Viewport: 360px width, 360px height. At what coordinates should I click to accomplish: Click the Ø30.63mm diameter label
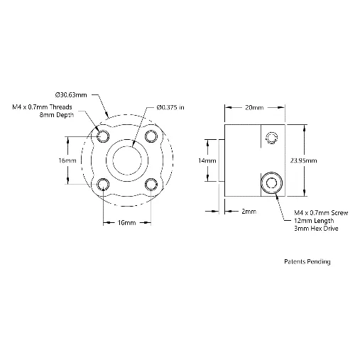[71, 95]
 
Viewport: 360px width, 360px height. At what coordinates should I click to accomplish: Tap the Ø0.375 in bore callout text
[170, 107]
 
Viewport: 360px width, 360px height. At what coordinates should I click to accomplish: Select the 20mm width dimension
[254, 108]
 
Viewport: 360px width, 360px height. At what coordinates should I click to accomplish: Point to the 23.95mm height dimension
[303, 160]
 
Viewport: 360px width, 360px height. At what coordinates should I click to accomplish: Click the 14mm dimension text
[207, 160]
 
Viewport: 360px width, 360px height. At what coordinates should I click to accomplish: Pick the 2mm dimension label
[249, 212]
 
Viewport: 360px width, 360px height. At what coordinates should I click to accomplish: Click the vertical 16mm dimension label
[67, 160]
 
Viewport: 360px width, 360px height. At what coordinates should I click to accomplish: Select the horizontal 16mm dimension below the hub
[126, 223]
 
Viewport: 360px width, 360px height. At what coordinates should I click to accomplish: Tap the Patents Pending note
[307, 261]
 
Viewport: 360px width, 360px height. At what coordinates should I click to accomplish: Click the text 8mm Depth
[57, 115]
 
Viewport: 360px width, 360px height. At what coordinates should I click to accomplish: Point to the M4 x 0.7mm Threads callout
[42, 107]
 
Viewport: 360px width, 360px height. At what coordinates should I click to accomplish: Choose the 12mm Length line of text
[314, 221]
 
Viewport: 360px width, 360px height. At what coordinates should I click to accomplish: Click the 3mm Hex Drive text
[316, 229]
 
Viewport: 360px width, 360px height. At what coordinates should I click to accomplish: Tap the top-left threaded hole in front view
[103, 136]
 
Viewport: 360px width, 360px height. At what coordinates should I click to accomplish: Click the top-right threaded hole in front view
[151, 136]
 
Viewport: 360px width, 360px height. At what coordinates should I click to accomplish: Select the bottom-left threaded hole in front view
[103, 185]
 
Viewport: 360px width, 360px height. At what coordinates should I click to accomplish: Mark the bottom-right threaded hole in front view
[151, 185]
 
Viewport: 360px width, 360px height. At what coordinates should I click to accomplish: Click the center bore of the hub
[127, 160]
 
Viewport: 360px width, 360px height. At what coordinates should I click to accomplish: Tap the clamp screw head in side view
[271, 183]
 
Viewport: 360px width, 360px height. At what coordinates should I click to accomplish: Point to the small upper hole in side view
[272, 138]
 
